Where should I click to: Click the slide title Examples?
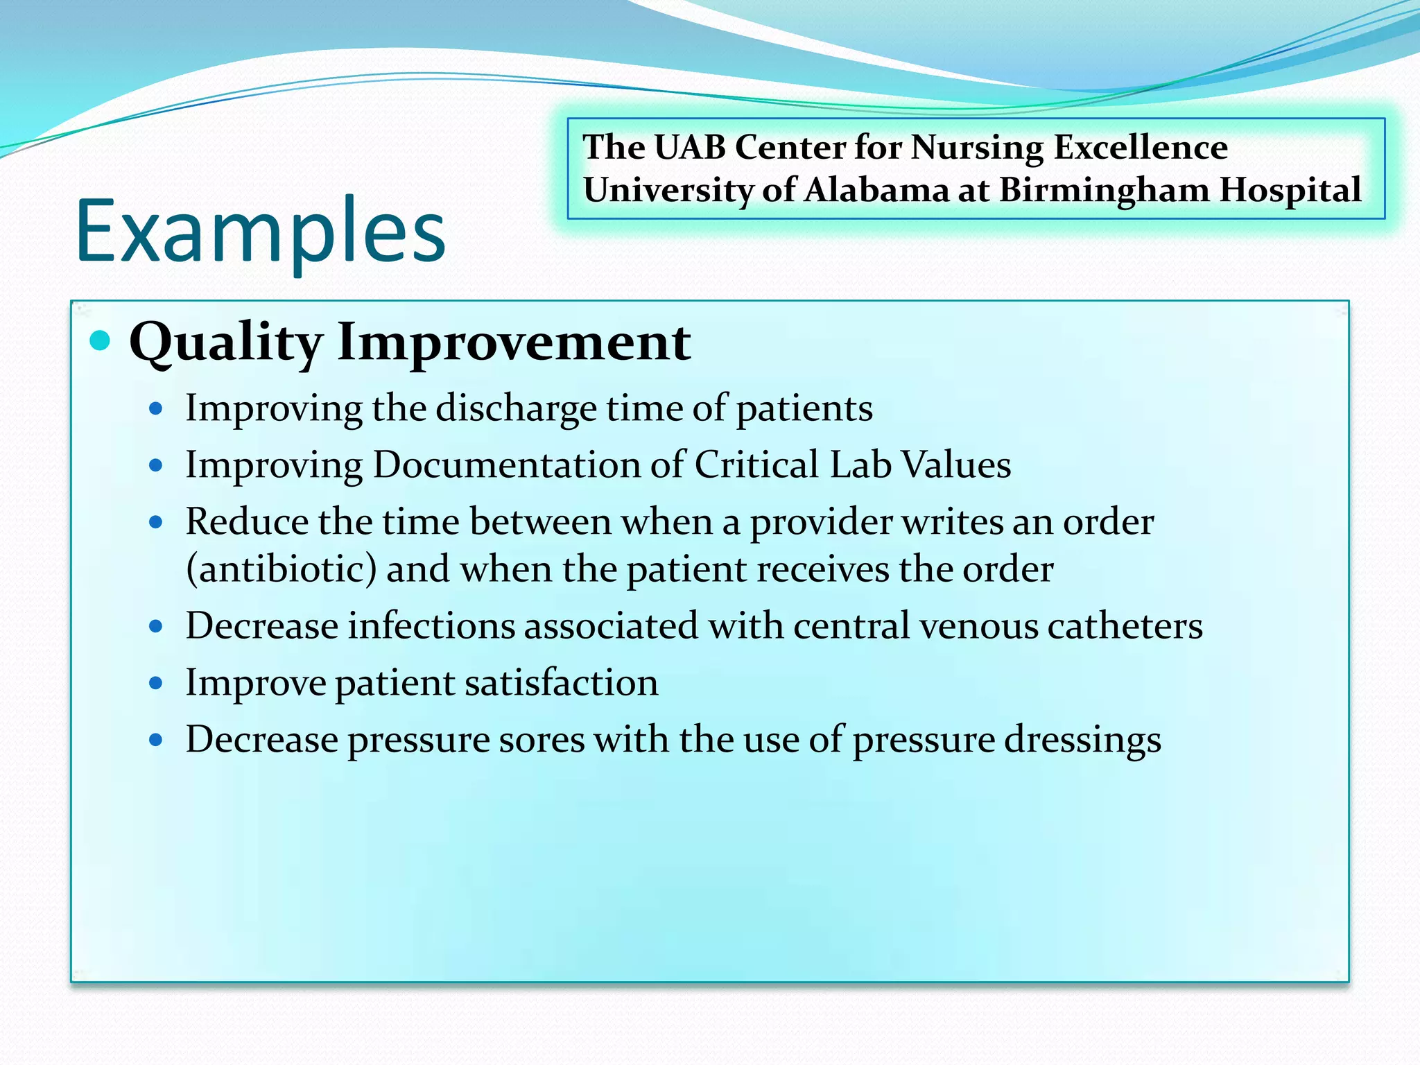(x=260, y=232)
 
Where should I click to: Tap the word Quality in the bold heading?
(x=226, y=343)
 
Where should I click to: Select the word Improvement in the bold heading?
(x=514, y=343)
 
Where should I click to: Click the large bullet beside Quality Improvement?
(x=101, y=340)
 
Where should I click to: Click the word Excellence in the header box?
(x=1140, y=148)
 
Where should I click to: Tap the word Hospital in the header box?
(x=1290, y=190)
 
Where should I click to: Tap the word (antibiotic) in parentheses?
(x=282, y=570)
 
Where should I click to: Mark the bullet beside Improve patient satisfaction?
(x=156, y=684)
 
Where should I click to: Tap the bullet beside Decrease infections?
(x=156, y=627)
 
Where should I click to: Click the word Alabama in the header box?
(x=876, y=190)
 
